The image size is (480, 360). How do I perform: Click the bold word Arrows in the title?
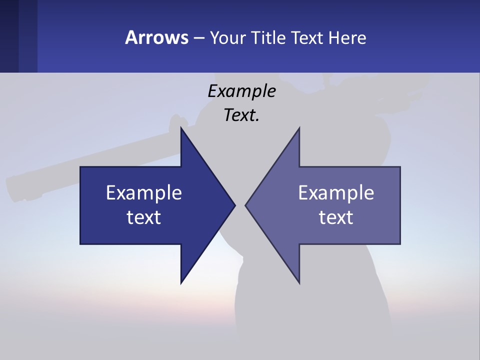(x=156, y=37)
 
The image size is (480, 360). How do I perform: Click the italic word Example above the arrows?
(x=241, y=91)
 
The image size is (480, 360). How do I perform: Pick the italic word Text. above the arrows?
(x=241, y=115)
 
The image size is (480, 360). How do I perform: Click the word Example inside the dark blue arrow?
(x=144, y=193)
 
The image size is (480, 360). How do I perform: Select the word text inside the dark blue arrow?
(x=144, y=217)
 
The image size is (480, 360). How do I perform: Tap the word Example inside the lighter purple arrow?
(x=336, y=193)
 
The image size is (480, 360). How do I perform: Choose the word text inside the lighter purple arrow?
(x=336, y=217)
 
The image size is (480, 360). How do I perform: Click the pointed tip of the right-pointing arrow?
(x=234, y=205)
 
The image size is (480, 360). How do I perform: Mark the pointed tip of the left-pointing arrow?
(x=246, y=205)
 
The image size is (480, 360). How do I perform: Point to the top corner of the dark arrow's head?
(x=181, y=128)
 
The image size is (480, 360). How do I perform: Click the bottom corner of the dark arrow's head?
(x=181, y=283)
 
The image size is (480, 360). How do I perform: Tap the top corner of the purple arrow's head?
(x=299, y=128)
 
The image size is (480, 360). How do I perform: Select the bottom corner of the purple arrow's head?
(x=299, y=283)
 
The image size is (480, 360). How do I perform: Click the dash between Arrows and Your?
(x=198, y=38)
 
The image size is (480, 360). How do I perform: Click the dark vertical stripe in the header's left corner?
(x=9, y=36)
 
